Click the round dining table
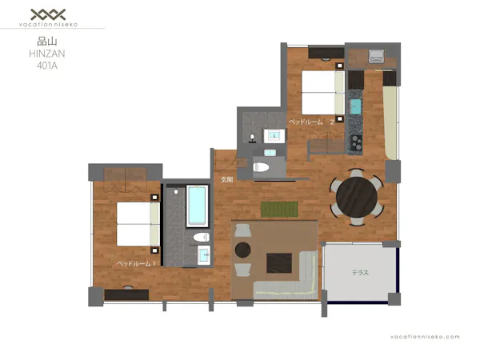click(x=357, y=198)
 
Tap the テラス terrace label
click(x=360, y=273)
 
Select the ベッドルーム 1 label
click(x=137, y=263)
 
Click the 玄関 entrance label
click(x=227, y=180)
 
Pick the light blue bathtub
click(x=198, y=206)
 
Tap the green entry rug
click(x=279, y=210)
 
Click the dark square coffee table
click(x=279, y=263)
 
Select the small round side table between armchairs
click(x=242, y=250)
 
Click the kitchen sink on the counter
click(x=355, y=106)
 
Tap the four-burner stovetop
click(x=356, y=142)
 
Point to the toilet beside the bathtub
click(x=202, y=237)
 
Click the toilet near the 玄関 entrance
click(x=261, y=167)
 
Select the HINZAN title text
click(x=47, y=54)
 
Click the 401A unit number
click(x=47, y=66)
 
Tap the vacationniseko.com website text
click(x=425, y=337)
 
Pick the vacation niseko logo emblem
click(x=48, y=14)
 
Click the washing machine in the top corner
click(x=376, y=56)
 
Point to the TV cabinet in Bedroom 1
click(x=126, y=294)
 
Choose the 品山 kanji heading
click(x=47, y=42)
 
